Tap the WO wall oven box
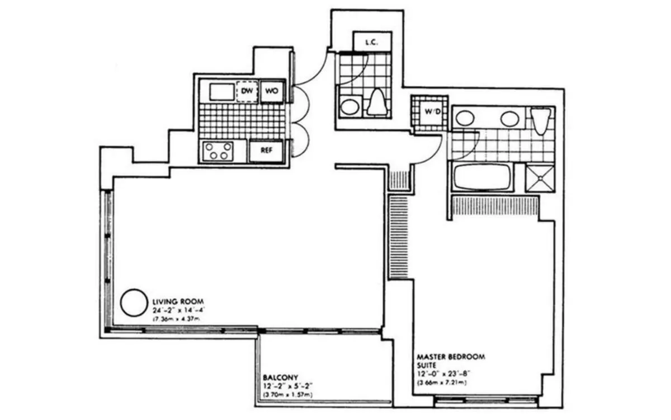click(x=272, y=91)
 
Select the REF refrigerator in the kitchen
click(x=266, y=151)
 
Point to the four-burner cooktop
click(x=218, y=151)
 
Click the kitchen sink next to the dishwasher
click(x=221, y=91)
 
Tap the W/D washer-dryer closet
click(x=429, y=111)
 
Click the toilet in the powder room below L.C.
click(x=378, y=103)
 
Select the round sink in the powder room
click(x=350, y=106)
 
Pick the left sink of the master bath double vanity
click(x=465, y=118)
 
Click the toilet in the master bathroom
click(x=541, y=120)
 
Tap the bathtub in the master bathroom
click(x=482, y=178)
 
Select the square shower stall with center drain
click(x=540, y=178)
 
